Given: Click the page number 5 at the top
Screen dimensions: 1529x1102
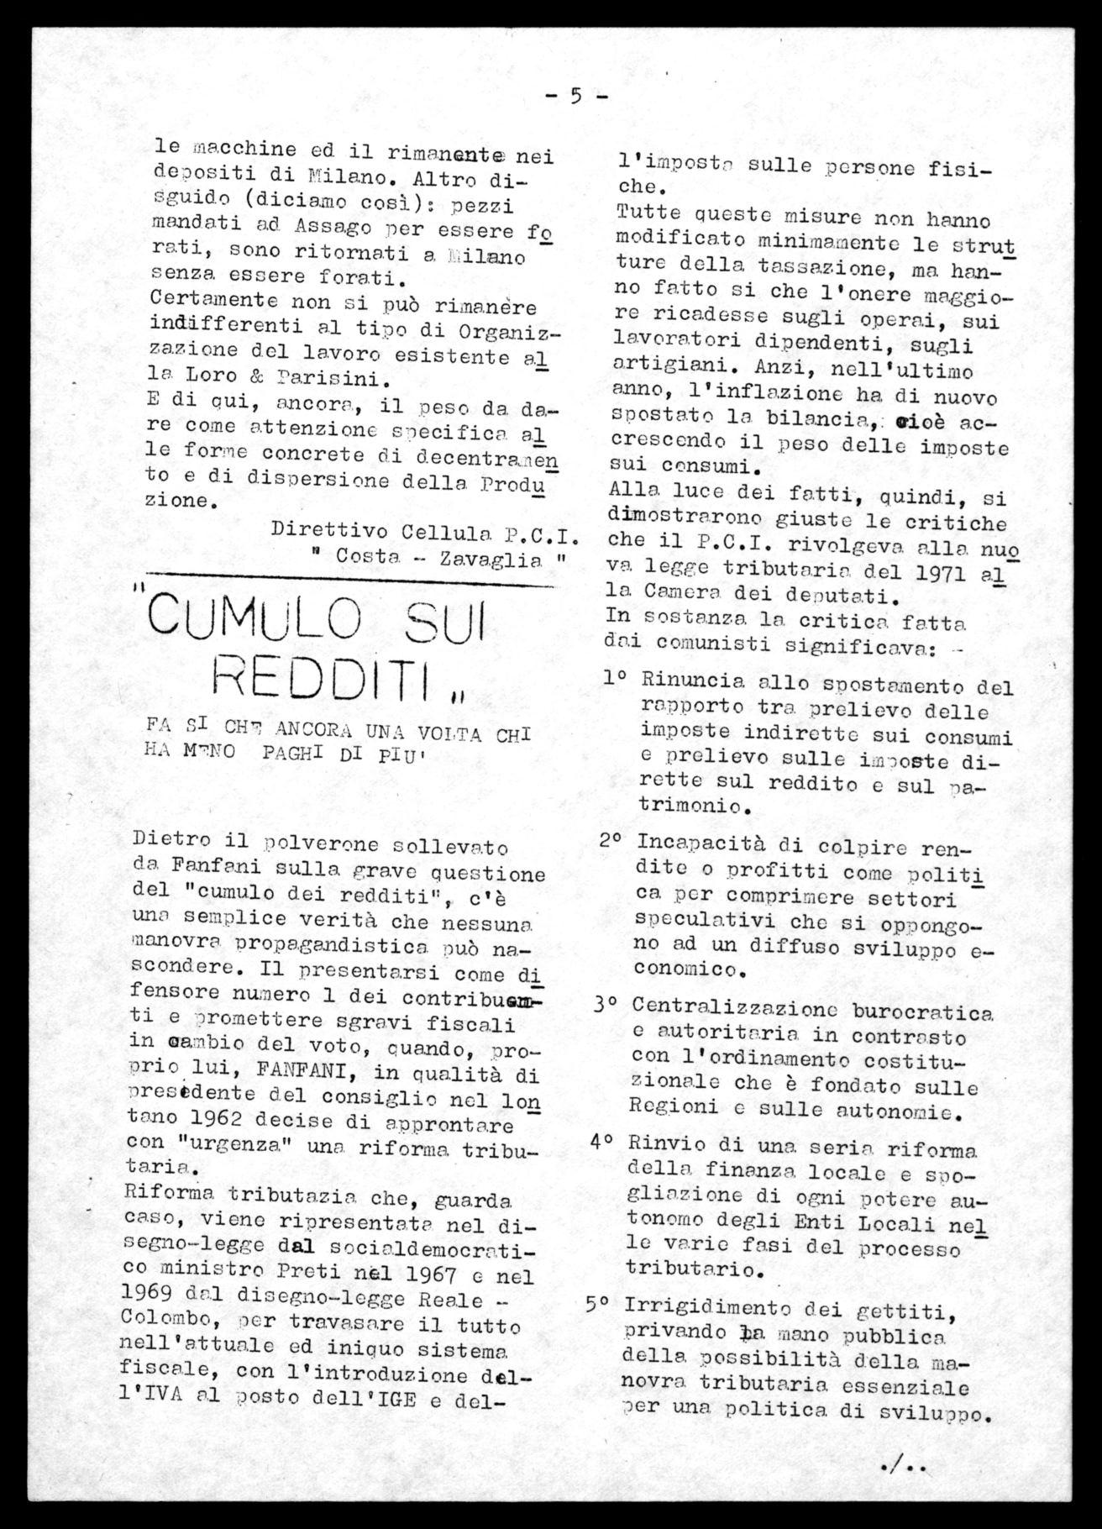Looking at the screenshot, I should [576, 96].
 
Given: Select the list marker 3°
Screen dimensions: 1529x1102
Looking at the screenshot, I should [609, 1006].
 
